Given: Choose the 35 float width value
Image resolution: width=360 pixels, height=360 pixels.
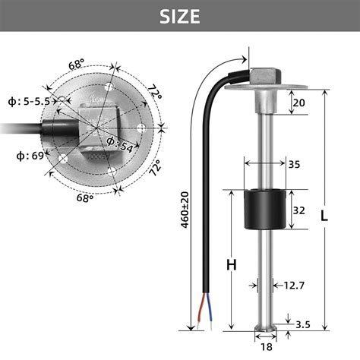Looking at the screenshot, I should tap(292, 163).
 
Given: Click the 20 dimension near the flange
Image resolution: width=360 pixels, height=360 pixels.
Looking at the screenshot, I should tap(298, 103).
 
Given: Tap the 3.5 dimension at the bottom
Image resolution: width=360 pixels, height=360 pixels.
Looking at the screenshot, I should tap(302, 324).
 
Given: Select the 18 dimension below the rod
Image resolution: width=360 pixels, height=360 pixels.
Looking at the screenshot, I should tap(266, 346).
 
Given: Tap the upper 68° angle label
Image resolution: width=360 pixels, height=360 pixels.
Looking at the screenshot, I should tap(77, 65).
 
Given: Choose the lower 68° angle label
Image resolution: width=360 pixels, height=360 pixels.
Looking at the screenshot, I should tap(84, 197).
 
